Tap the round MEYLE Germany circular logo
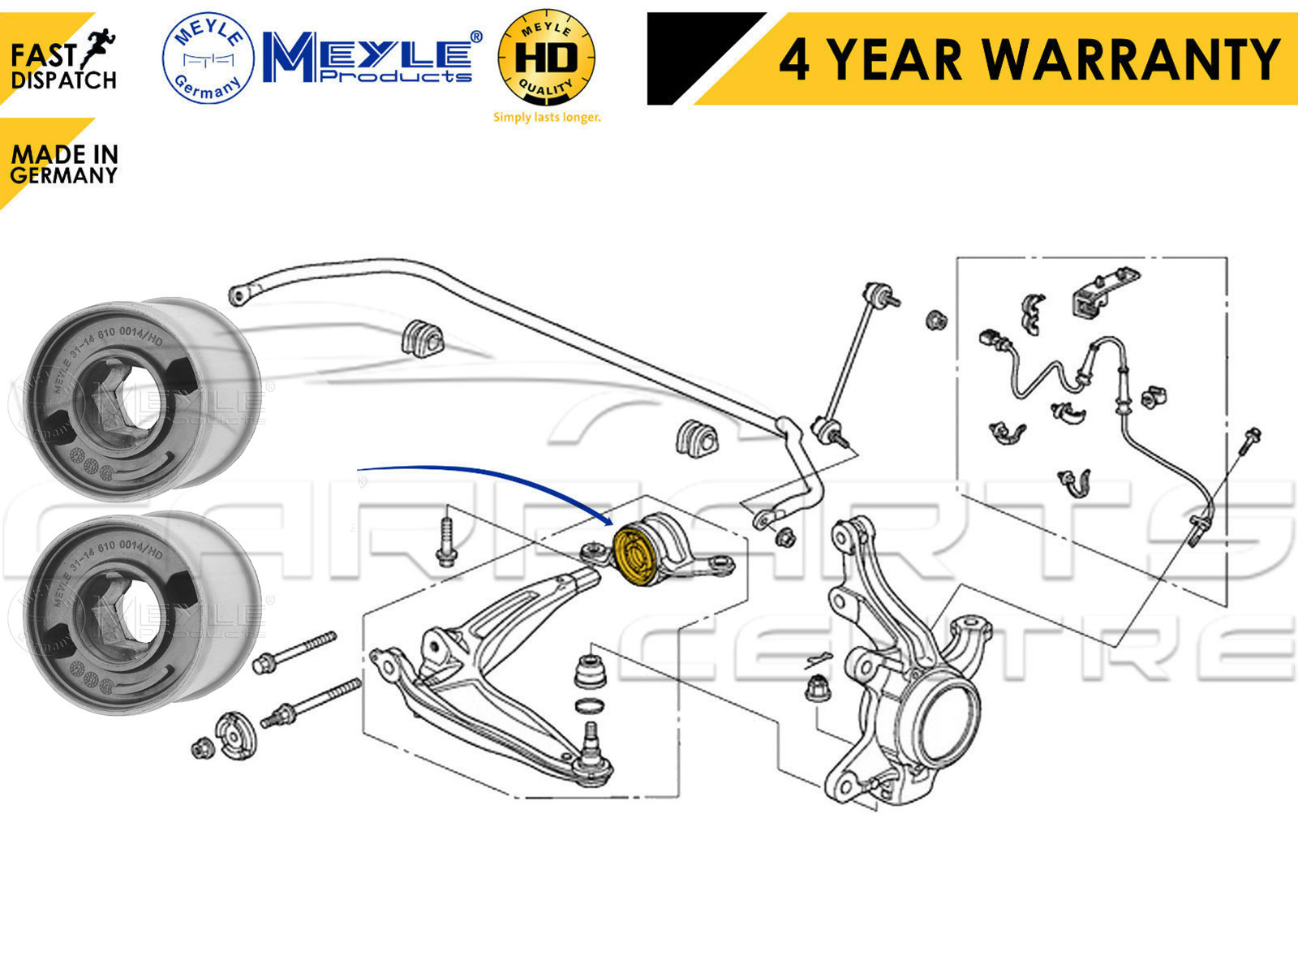(208, 58)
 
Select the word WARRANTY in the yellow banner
(1131, 60)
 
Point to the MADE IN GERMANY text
(64, 165)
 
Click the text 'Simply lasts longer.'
(547, 118)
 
